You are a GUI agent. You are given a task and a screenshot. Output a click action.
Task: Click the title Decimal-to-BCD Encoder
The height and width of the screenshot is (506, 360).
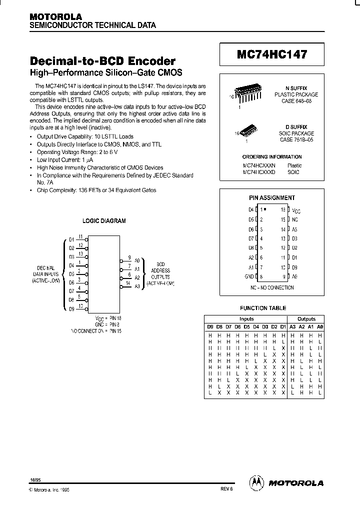103,61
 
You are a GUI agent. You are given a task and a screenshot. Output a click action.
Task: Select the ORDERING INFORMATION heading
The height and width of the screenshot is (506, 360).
272,156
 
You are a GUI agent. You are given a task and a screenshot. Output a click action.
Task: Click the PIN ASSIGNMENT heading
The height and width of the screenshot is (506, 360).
272,198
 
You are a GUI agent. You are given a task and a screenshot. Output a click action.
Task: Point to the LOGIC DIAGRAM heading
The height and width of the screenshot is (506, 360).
104,220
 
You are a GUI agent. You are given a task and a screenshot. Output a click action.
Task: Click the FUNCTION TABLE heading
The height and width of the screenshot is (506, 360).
263,308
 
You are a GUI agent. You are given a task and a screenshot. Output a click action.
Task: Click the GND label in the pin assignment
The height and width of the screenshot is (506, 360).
249,276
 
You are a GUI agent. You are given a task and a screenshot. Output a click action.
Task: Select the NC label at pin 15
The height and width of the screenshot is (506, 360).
295,219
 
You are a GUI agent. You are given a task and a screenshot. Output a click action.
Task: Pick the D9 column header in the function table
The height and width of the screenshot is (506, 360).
210,327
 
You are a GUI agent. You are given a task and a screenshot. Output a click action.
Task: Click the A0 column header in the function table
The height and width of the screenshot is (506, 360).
320,327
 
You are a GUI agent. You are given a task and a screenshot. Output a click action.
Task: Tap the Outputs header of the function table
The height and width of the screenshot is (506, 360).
306,318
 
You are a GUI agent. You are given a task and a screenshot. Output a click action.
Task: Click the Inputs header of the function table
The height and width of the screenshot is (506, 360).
246,318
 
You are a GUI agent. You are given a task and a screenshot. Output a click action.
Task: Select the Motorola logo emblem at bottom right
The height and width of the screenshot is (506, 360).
255,482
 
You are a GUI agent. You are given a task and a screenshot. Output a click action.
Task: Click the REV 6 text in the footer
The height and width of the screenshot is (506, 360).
226,489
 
